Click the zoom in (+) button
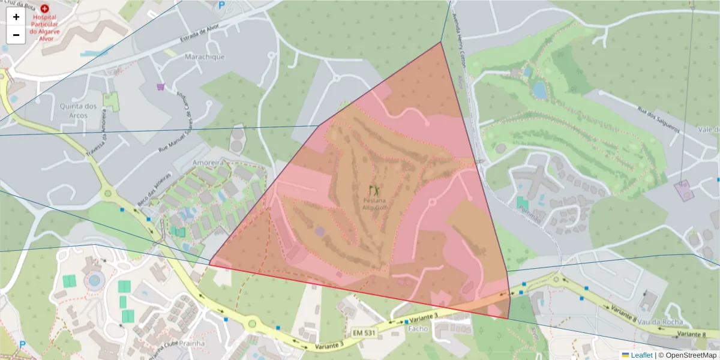click(16, 17)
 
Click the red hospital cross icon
click(44, 8)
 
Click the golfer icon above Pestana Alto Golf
click(376, 190)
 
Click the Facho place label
click(418, 329)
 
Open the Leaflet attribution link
click(641, 355)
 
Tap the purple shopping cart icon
click(161, 86)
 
